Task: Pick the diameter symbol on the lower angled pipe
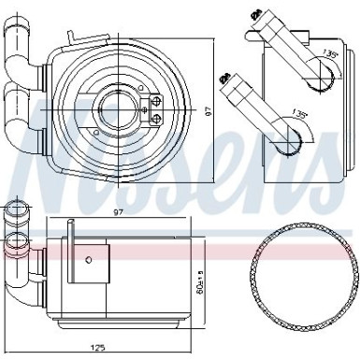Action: coord(223,79)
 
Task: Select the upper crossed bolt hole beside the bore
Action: coord(153,103)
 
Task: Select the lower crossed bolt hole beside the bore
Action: coord(153,116)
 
